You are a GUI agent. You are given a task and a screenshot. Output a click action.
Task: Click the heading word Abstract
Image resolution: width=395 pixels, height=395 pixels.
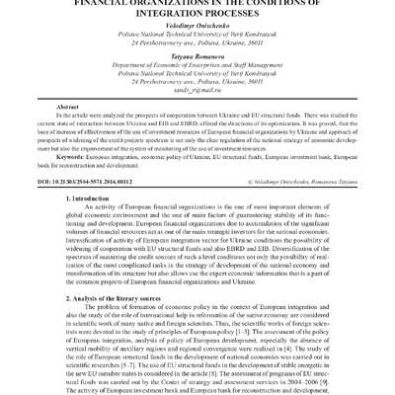pyautogui.click(x=68, y=106)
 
